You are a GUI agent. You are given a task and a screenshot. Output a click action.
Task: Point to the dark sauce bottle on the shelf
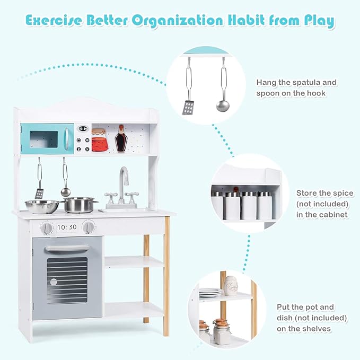pos(122,140)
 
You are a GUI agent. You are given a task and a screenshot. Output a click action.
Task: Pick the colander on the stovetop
pos(42,206)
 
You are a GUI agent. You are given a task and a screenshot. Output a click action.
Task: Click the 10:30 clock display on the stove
pos(67,227)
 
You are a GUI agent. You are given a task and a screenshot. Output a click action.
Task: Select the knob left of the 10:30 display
pos(48,228)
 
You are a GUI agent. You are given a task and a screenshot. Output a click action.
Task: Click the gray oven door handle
pos(67,248)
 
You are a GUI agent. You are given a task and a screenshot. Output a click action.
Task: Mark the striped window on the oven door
pos(67,280)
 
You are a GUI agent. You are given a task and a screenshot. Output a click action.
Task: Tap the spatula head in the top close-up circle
pos(188,108)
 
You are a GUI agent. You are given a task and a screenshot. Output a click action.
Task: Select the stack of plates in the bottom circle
pos(210,292)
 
